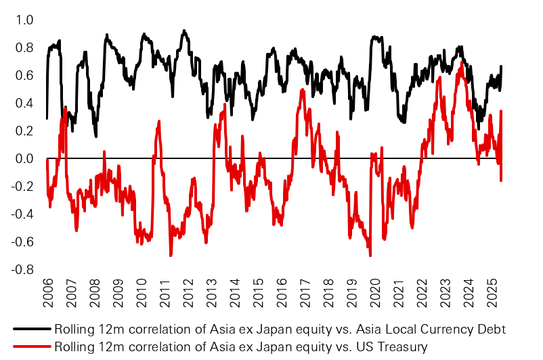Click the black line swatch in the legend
coord(30,329)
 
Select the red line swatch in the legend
coord(30,346)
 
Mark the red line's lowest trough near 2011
coord(170,255)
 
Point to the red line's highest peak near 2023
coord(462,62)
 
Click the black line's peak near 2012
coord(184,30)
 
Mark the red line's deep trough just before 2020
coord(370,255)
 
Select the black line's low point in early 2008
coord(96,136)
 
